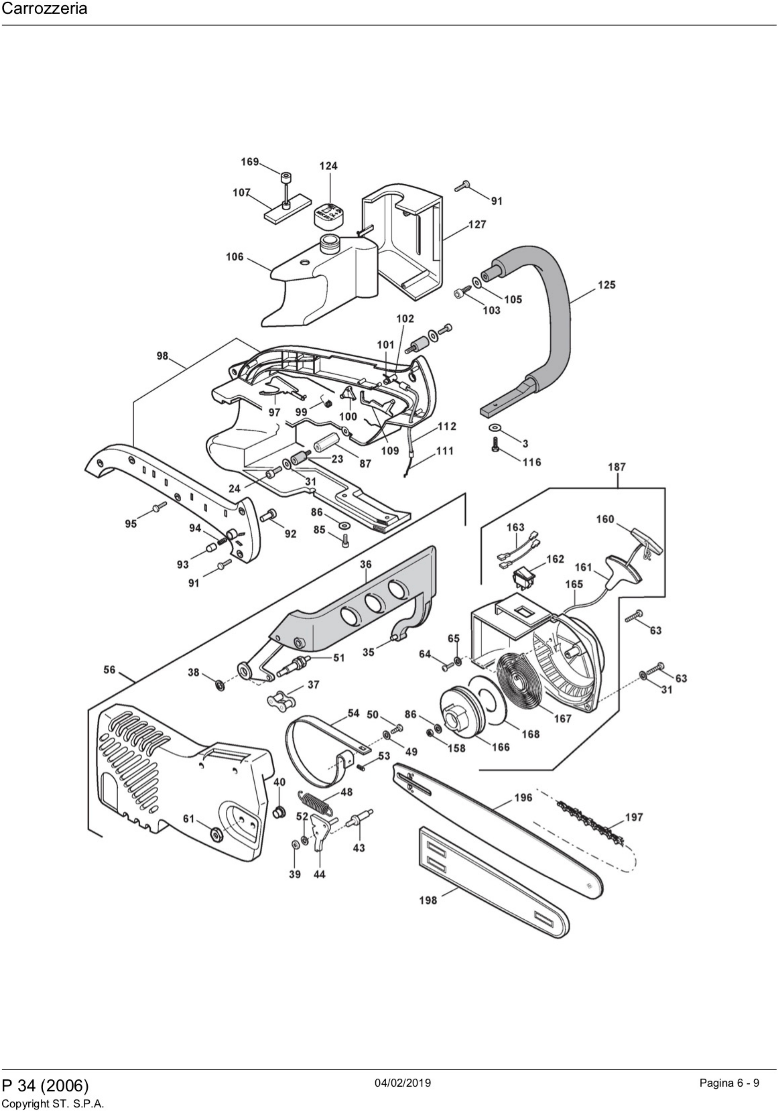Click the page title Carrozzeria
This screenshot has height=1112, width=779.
pyautogui.click(x=45, y=9)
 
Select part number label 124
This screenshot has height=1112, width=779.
pyautogui.click(x=328, y=166)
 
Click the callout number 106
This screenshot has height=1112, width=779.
pyautogui.click(x=235, y=257)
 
